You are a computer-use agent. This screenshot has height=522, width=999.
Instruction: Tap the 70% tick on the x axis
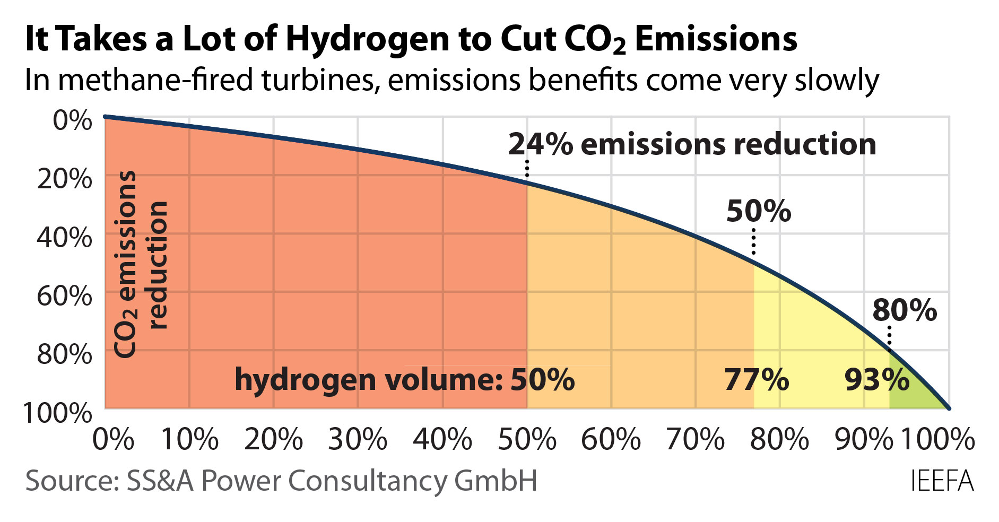click(x=695, y=439)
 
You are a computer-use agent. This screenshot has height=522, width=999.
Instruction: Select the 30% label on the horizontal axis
click(x=358, y=439)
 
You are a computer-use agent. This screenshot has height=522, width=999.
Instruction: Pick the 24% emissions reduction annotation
click(x=692, y=144)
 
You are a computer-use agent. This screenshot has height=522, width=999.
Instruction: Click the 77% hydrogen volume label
click(x=757, y=379)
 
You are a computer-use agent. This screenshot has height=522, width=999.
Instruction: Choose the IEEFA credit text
click(x=942, y=482)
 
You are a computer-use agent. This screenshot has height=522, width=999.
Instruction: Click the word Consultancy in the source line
click(x=371, y=481)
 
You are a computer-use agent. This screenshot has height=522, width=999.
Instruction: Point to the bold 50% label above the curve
click(x=758, y=211)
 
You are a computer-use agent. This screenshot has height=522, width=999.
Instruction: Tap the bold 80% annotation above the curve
click(x=905, y=310)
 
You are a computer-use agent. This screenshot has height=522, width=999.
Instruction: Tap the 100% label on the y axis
click(x=57, y=412)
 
